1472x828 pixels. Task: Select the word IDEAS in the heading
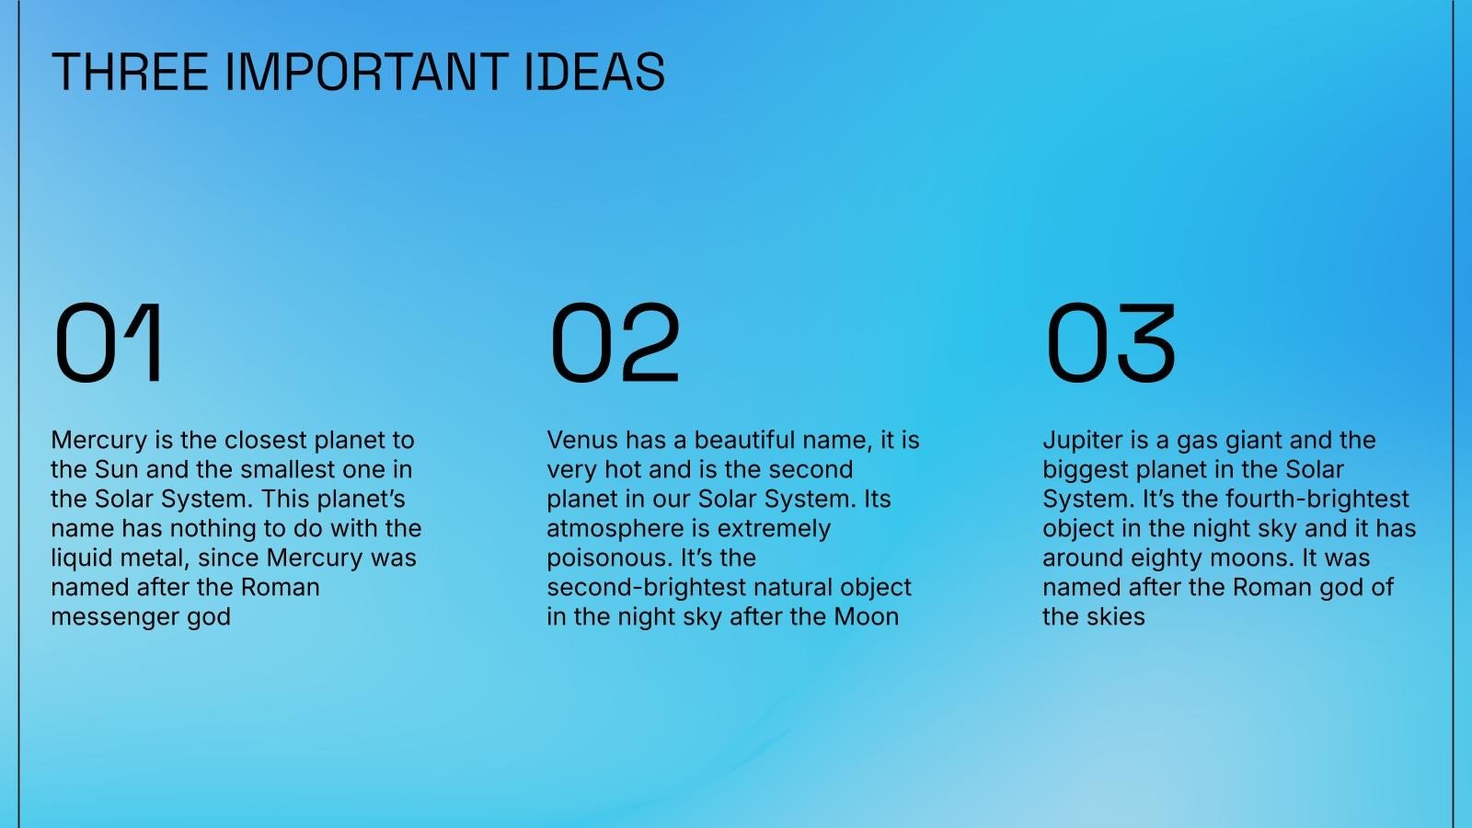(x=595, y=72)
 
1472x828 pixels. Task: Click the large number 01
(x=109, y=343)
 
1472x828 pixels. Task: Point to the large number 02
(x=615, y=343)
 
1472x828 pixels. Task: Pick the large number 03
(x=1110, y=343)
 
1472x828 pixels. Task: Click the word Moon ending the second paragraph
(x=866, y=616)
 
